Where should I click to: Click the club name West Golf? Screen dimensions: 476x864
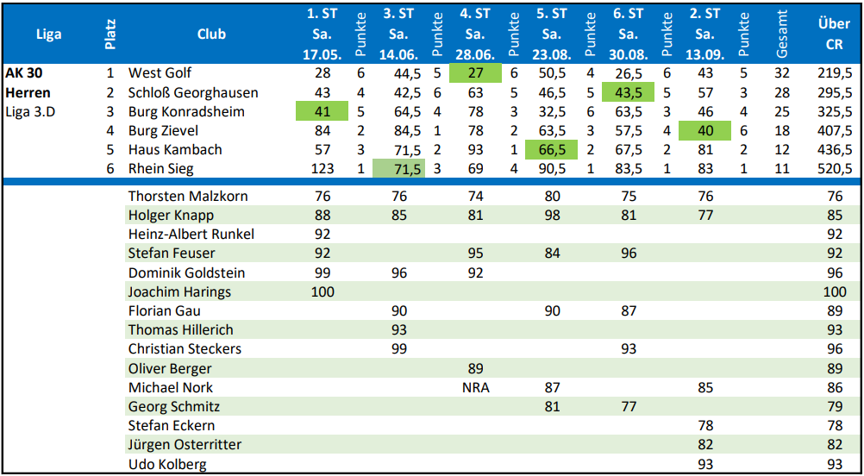160,73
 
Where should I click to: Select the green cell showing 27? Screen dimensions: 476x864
475,73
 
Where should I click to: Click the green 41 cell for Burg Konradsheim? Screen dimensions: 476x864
322,111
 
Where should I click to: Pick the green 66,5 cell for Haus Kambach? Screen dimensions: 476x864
551,149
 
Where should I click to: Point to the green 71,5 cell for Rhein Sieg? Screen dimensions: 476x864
399,169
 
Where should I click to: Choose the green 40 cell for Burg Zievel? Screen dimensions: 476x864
704,130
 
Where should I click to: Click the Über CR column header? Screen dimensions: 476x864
833,34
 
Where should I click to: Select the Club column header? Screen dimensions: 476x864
211,34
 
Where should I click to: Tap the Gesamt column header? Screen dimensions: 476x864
782,34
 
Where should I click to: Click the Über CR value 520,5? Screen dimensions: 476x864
833,169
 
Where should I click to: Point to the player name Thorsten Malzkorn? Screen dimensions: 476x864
188,196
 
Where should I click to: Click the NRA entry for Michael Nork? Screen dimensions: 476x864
475,387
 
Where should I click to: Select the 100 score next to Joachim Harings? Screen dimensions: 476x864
322,291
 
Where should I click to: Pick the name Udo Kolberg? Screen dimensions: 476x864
167,464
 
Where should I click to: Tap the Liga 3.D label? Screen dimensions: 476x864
30,111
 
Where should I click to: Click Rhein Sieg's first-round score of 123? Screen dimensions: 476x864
322,169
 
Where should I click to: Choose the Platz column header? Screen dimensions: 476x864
110,34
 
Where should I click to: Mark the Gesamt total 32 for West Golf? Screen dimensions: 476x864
782,73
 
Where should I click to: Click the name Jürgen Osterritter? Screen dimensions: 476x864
185,444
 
